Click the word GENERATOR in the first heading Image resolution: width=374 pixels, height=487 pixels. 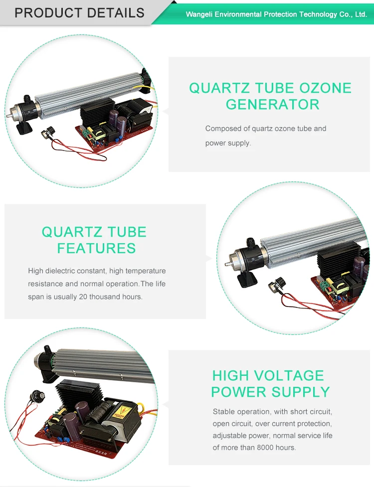[272, 104]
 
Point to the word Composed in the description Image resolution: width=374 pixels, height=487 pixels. [223, 129]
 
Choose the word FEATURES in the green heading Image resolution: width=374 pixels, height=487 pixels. [96, 248]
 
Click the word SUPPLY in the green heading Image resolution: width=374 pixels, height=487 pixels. [300, 392]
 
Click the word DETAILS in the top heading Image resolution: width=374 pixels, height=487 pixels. [113, 12]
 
